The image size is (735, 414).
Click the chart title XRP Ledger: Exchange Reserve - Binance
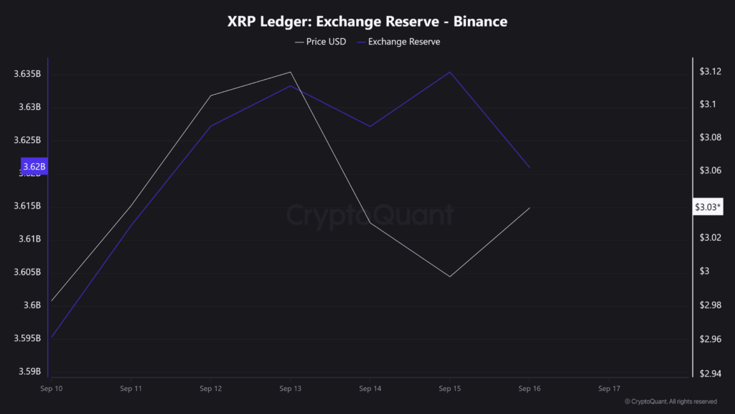click(x=367, y=22)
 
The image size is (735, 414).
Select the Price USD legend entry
click(x=321, y=42)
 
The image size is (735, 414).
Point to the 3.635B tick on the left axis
click(x=27, y=74)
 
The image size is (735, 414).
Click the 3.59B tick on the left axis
click(x=29, y=372)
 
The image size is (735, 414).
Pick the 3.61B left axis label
click(x=29, y=239)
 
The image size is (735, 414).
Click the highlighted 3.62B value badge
click(x=34, y=167)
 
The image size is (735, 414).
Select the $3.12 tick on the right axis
click(x=710, y=71)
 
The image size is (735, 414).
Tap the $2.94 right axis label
click(x=710, y=372)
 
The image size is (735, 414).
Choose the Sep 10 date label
click(x=52, y=388)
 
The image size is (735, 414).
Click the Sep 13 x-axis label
click(x=290, y=388)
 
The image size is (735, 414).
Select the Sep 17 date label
click(x=609, y=388)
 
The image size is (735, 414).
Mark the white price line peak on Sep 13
click(x=290, y=72)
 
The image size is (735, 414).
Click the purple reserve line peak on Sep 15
click(x=450, y=72)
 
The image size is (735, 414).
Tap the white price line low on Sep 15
click(x=450, y=277)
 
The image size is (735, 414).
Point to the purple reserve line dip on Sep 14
click(x=370, y=126)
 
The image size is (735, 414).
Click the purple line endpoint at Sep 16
click(x=530, y=167)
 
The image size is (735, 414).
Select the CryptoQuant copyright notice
click(x=670, y=402)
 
